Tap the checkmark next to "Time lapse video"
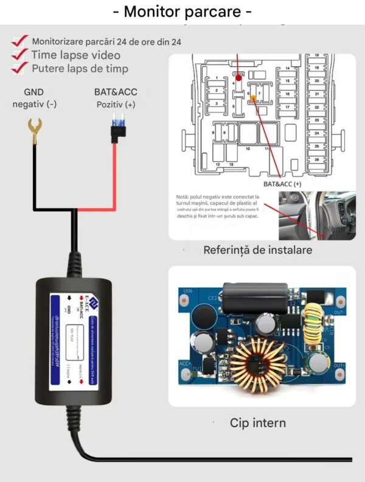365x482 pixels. click(21, 55)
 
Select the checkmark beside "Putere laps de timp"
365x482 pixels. click(21, 68)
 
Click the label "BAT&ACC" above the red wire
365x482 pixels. click(116, 92)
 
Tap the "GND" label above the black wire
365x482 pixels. click(34, 92)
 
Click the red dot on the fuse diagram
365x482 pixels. click(239, 79)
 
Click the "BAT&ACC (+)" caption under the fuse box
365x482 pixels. click(282, 183)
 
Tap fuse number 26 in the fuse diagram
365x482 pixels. click(316, 159)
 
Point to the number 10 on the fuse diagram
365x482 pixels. click(248, 148)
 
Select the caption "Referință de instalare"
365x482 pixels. click(258, 250)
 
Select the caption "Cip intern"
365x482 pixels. click(258, 422)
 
